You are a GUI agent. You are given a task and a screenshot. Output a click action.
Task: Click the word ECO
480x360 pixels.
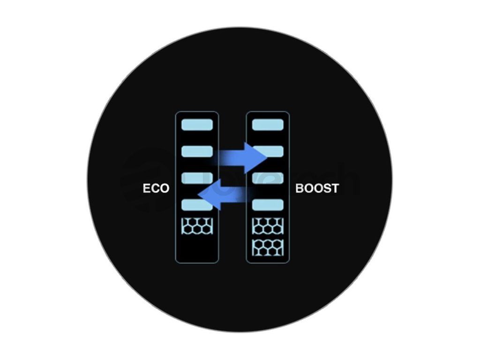pyautogui.click(x=156, y=188)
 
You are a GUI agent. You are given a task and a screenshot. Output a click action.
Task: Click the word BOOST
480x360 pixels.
pyautogui.click(x=317, y=188)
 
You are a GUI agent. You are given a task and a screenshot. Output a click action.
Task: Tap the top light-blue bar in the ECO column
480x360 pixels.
pyautogui.click(x=197, y=125)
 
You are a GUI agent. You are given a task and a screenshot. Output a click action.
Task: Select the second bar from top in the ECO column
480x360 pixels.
pyautogui.click(x=197, y=151)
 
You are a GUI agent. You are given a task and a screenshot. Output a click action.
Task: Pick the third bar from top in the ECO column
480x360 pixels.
pyautogui.click(x=197, y=178)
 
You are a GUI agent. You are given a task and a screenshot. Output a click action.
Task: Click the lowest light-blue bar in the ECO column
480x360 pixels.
pyautogui.click(x=197, y=204)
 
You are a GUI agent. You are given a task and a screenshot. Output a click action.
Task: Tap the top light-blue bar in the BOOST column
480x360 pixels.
pyautogui.click(x=268, y=125)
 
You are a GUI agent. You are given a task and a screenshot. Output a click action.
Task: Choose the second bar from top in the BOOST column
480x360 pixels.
pyautogui.click(x=268, y=151)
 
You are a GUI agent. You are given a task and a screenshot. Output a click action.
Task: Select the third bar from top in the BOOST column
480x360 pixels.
pyautogui.click(x=268, y=178)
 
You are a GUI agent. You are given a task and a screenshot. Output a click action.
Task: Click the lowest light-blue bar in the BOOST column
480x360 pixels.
pyautogui.click(x=268, y=204)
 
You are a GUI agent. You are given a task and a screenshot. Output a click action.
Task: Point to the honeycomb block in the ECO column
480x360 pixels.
pyautogui.click(x=197, y=226)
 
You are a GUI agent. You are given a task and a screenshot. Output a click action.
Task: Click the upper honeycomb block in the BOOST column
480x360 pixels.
pyautogui.click(x=268, y=226)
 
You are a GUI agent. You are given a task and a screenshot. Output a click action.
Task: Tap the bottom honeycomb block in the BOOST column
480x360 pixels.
pyautogui.click(x=268, y=247)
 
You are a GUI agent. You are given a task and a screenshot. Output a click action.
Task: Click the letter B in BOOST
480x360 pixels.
pyautogui.click(x=300, y=188)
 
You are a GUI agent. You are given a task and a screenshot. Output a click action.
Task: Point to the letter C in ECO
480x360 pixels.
pyautogui.click(x=155, y=188)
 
